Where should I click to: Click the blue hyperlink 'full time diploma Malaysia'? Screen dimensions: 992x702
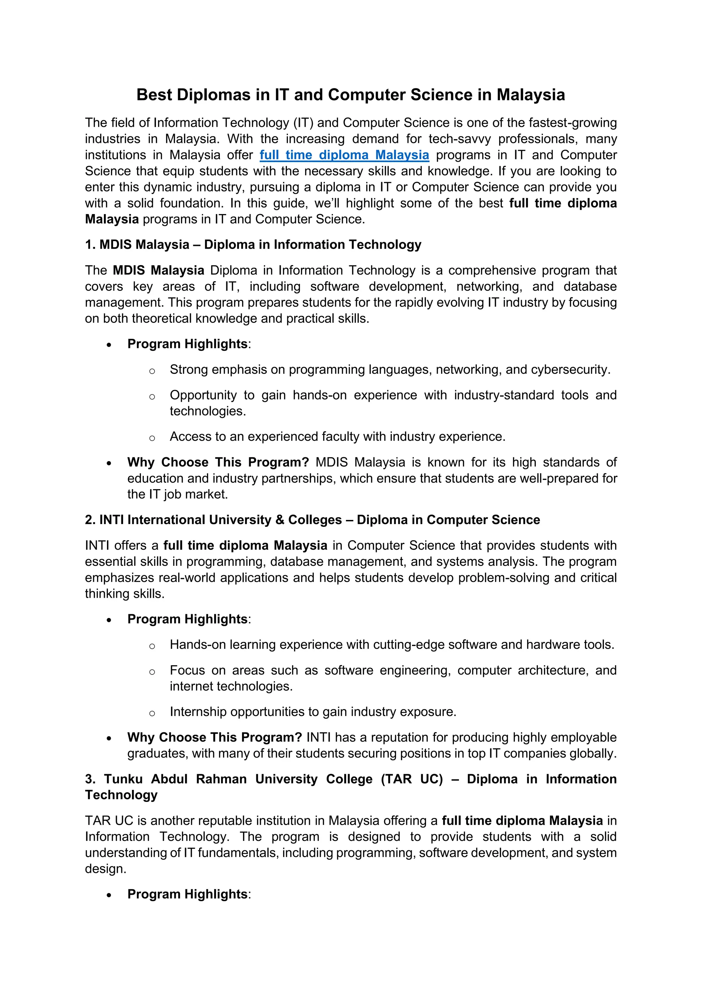tap(344, 155)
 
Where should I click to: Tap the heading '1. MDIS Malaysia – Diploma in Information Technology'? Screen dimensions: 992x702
tap(253, 245)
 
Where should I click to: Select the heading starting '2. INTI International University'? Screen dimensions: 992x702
tap(312, 520)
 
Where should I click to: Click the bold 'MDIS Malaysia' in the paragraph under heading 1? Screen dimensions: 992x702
tap(158, 271)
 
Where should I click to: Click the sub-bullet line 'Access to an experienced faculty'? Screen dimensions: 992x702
tap(337, 436)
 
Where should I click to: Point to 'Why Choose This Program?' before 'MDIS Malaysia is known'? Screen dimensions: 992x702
tap(218, 462)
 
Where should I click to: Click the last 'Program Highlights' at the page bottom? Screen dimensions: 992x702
tap(187, 894)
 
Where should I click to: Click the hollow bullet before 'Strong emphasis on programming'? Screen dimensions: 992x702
tap(152, 371)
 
